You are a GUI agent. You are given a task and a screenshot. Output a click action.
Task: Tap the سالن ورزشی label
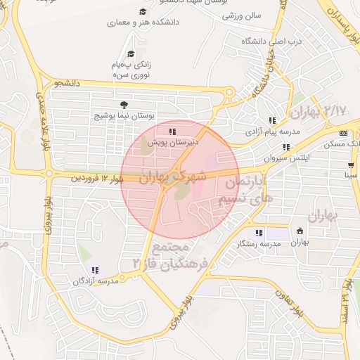coord(243,15)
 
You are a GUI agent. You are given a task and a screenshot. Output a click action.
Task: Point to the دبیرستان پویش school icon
coord(172,131)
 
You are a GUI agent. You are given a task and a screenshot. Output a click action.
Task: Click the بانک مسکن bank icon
coord(343,133)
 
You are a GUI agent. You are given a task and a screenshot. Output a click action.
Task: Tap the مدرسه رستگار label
coord(259,243)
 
